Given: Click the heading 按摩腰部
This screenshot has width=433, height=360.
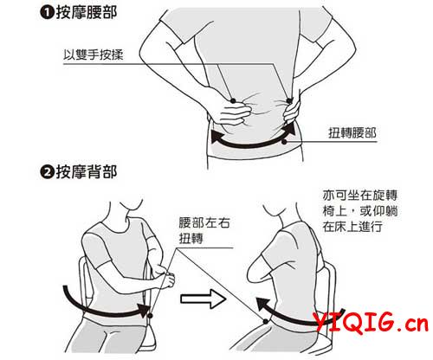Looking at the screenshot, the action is (x=87, y=13).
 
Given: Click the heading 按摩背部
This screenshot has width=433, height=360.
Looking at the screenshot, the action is (x=87, y=172).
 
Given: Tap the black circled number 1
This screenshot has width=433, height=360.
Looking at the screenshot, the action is (x=47, y=14).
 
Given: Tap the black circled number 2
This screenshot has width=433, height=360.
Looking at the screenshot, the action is (x=47, y=172).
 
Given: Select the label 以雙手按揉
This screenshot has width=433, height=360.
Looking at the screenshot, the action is (x=94, y=55).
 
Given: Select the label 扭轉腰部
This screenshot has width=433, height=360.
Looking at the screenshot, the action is (x=352, y=133).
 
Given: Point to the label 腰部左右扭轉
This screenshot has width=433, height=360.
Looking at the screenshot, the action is (x=204, y=230).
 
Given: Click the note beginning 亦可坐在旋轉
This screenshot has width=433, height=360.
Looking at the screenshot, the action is (x=360, y=211).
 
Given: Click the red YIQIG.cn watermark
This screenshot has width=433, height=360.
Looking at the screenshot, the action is (x=371, y=323).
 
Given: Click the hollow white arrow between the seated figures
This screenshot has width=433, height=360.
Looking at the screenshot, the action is (x=204, y=299).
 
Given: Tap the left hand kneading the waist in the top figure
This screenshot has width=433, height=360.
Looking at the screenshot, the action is (x=234, y=114).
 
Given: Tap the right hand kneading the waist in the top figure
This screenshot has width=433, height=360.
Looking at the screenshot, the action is (x=292, y=111).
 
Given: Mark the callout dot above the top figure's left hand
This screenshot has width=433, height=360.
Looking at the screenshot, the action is (x=233, y=100).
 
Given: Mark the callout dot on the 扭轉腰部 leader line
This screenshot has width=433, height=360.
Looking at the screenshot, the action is (x=284, y=142).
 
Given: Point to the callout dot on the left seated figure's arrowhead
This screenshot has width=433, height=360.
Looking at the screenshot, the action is (x=150, y=316).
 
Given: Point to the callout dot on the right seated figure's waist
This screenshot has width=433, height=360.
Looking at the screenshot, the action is (x=266, y=321).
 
